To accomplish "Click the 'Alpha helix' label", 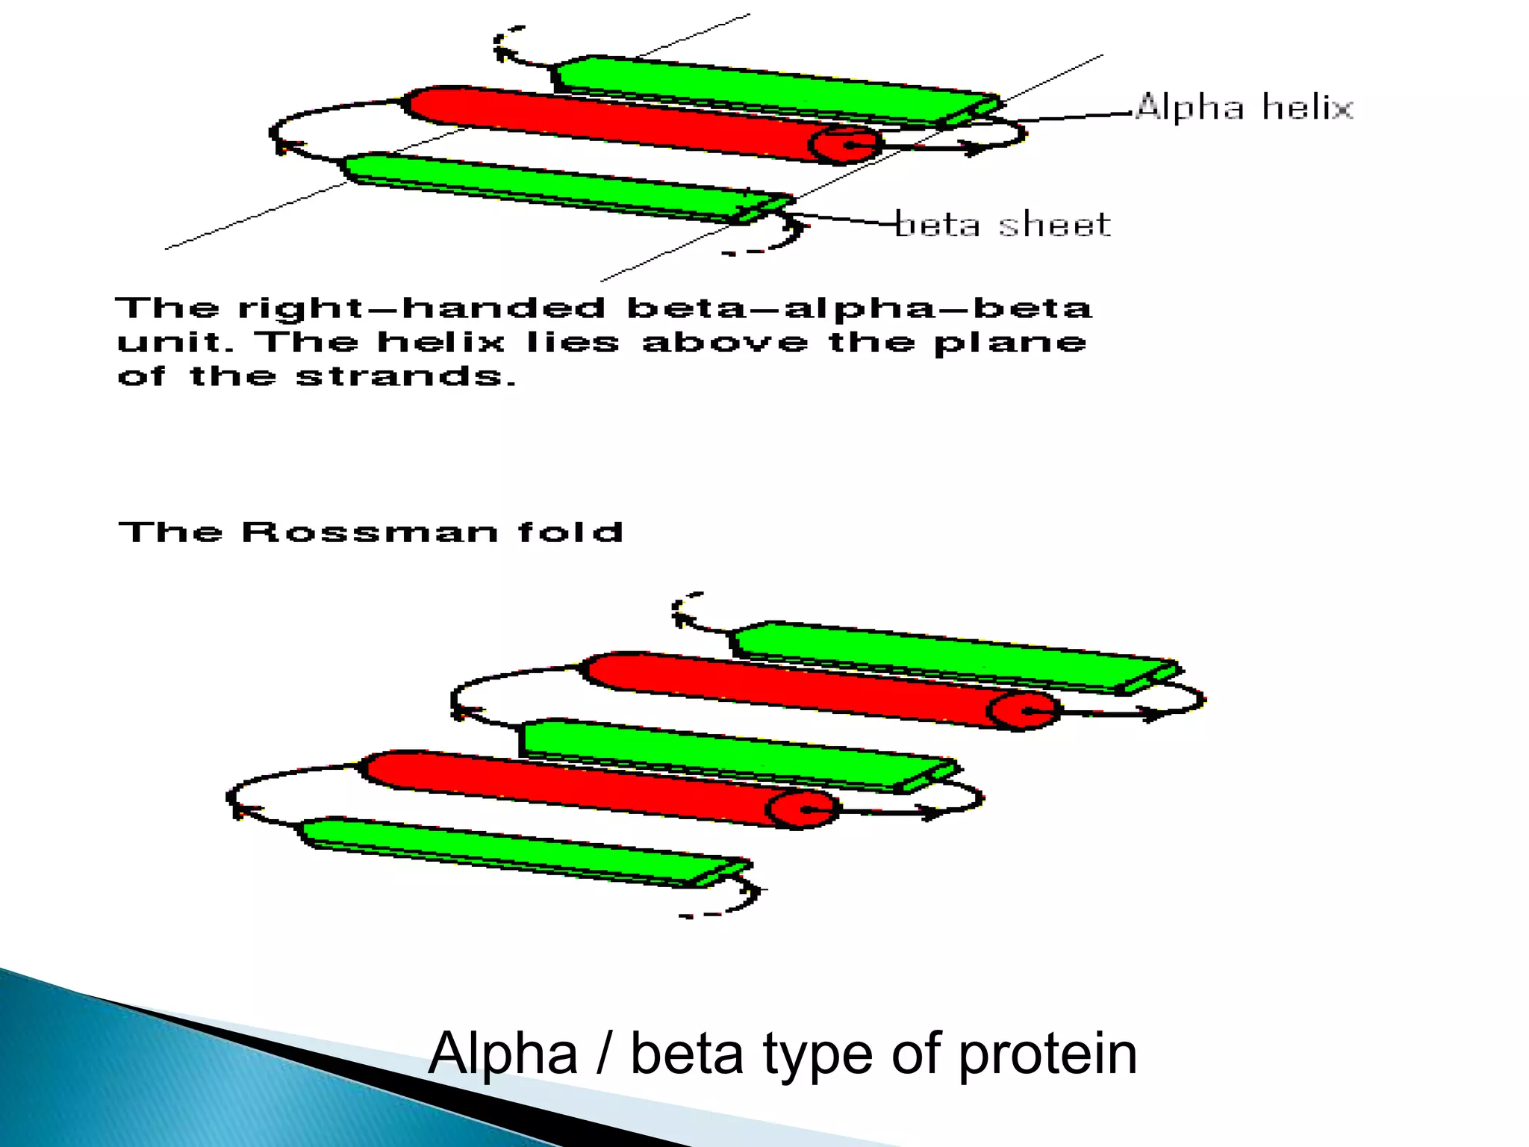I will tap(1244, 107).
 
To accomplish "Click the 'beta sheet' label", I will tap(1003, 224).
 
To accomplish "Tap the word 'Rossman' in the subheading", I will tap(370, 532).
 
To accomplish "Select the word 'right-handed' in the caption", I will tap(422, 308).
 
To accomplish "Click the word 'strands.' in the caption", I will tap(405, 376).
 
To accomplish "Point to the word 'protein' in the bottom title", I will tap(1047, 1054).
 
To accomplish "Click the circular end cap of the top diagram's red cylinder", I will tap(846, 144).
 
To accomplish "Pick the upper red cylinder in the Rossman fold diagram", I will tap(791, 687).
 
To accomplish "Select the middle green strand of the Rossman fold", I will tap(732, 753).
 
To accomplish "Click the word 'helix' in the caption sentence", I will tap(441, 342).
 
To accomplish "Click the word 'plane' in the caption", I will tap(1010, 344).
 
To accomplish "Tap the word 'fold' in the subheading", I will tap(570, 532).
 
